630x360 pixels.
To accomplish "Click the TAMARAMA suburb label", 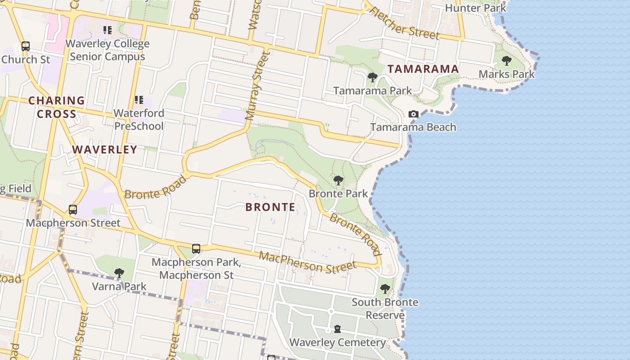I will click(423, 69).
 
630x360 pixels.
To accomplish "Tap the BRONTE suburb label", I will click(270, 207).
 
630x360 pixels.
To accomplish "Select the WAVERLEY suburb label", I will click(104, 149).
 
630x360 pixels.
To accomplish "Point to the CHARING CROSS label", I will click(57, 107).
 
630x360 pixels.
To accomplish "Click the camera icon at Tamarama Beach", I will click(413, 114).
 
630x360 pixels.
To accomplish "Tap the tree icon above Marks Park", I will click(507, 61).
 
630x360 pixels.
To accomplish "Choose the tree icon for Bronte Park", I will click(338, 180).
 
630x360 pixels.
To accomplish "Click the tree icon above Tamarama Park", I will click(372, 77).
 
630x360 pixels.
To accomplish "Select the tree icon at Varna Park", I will click(119, 273).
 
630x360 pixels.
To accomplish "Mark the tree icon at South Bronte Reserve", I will click(385, 288).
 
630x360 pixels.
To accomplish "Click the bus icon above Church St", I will click(26, 46).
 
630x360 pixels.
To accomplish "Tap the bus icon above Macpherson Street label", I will click(73, 209).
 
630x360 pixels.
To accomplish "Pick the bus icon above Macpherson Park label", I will click(196, 248).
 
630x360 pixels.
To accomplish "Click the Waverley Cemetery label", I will click(337, 342).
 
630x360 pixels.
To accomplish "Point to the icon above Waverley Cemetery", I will click(337, 329).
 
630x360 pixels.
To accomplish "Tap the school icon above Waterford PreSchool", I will click(139, 99).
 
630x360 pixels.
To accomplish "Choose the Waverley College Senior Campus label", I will click(108, 50).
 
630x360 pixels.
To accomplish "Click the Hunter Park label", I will click(475, 8).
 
